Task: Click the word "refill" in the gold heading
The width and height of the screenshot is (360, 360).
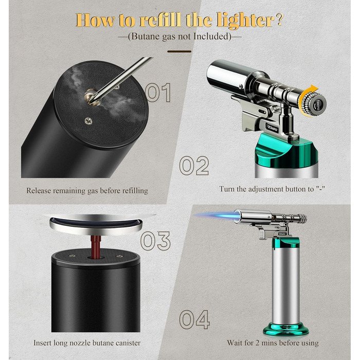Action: point(160,20)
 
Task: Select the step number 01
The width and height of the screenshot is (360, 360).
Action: point(158,93)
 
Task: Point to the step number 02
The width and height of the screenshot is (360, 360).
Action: point(194,166)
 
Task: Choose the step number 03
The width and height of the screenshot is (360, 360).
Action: point(155,241)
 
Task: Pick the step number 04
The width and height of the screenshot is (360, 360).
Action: point(194,319)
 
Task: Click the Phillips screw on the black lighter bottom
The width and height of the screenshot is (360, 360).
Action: point(88,120)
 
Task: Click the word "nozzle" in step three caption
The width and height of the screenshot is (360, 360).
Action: point(80,343)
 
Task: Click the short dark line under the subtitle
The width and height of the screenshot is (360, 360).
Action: point(179,51)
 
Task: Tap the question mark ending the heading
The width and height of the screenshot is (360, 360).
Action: point(279,20)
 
